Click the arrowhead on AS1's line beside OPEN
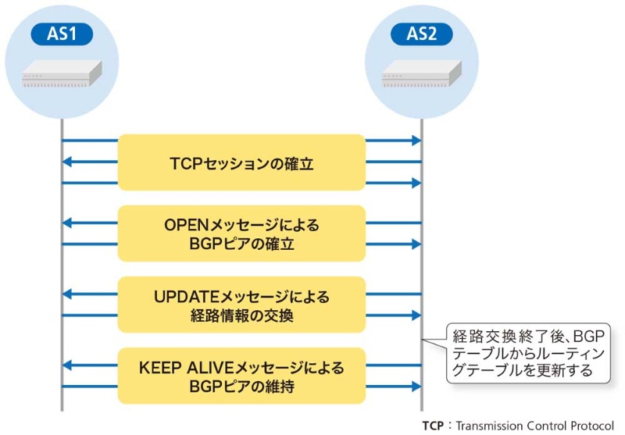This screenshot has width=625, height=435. pyautogui.click(x=67, y=224)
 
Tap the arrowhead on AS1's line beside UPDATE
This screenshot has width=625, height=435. pyautogui.click(x=67, y=295)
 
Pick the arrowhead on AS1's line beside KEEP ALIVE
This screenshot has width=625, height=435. pyautogui.click(x=67, y=365)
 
